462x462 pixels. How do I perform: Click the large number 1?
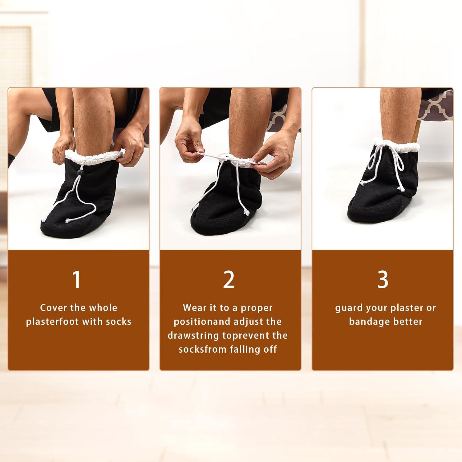[x=76, y=279]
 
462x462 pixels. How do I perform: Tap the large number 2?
[x=229, y=279]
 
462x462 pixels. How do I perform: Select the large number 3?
[x=383, y=279]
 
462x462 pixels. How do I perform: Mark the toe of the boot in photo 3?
[x=359, y=213]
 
